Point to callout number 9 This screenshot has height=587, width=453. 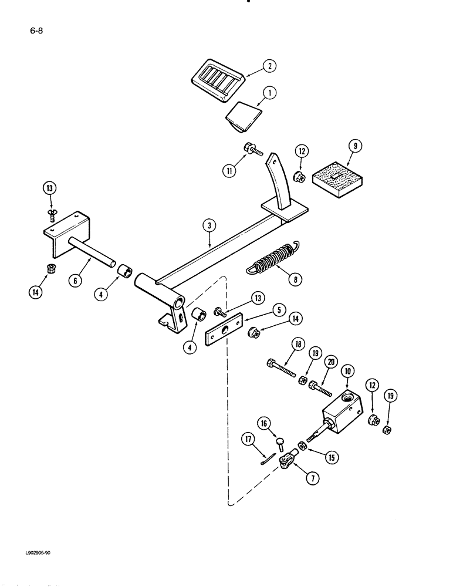tap(353, 143)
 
